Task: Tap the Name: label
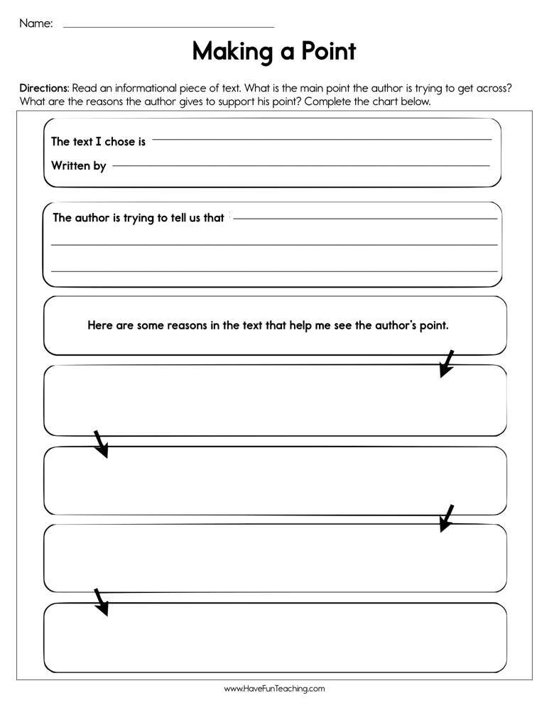[36, 23]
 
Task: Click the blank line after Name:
[168, 27]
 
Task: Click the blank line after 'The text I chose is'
[322, 140]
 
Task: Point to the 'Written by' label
[78, 165]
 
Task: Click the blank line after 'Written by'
[300, 166]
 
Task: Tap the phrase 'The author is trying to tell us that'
[138, 218]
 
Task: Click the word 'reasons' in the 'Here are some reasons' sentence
[187, 326]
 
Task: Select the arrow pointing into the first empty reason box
[446, 364]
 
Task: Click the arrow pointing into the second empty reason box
[101, 444]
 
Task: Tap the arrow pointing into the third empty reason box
[446, 518]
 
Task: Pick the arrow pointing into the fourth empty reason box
[101, 601]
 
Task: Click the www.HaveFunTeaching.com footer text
[274, 689]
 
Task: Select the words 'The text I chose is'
[98, 141]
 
